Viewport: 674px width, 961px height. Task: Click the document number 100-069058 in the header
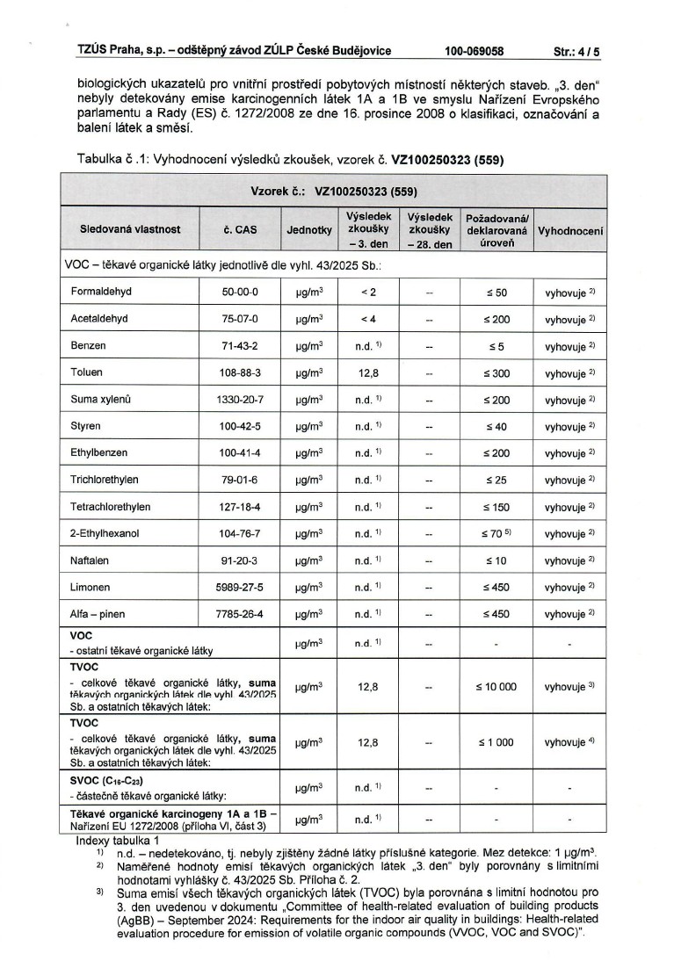474,52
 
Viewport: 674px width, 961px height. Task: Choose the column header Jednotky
309,229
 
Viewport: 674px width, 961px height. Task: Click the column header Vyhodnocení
570,229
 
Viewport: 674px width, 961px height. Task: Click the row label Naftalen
89,560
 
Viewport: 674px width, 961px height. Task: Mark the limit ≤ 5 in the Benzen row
496,346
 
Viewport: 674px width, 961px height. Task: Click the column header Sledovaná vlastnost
130,229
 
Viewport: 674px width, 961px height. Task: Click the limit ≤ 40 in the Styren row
496,427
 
